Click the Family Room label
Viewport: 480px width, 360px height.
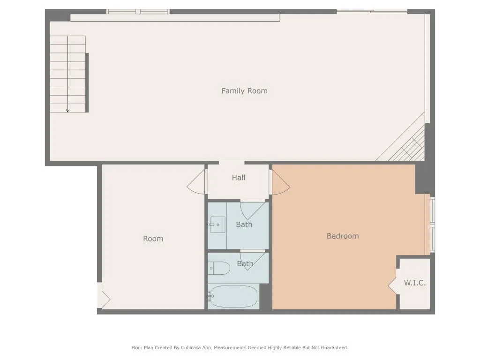click(x=244, y=91)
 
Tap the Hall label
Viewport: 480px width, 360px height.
click(x=239, y=178)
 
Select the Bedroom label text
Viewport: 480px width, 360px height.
click(x=343, y=236)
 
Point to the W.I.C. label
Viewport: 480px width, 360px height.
click(x=415, y=283)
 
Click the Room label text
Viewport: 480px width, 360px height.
click(x=153, y=239)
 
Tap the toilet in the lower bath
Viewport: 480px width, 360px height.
click(x=219, y=269)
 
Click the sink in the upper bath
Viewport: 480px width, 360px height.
click(x=217, y=225)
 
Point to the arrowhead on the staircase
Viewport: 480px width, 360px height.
click(x=67, y=111)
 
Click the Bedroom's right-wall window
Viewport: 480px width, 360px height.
click(x=433, y=225)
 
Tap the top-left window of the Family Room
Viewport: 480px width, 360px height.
click(x=138, y=12)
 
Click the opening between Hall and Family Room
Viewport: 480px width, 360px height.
click(x=232, y=163)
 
